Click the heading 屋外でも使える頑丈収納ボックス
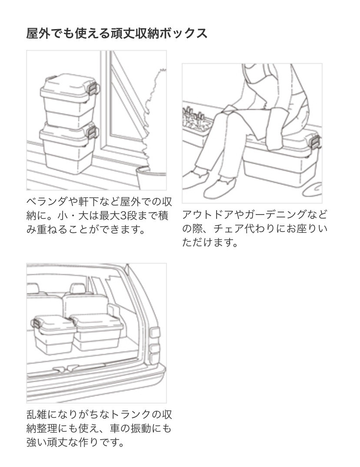tap(117, 33)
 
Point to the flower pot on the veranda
tap(150, 178)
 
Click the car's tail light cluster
tap(154, 346)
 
